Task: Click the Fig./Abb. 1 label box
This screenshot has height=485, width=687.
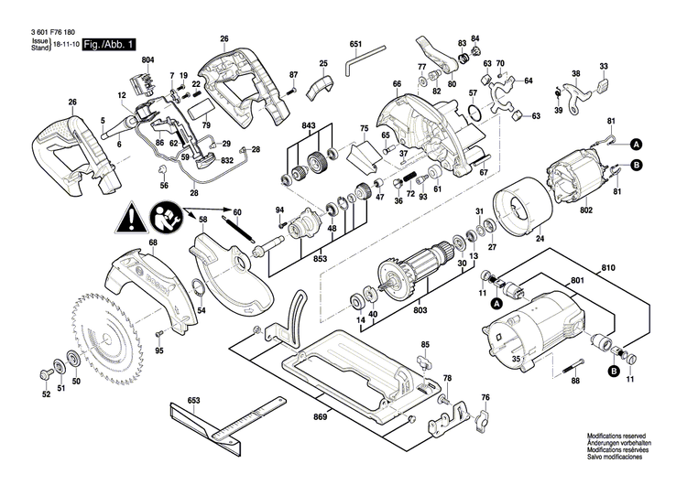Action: coord(108,44)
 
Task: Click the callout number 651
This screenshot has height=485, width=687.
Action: coord(355,44)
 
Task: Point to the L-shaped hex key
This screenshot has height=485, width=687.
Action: coord(357,67)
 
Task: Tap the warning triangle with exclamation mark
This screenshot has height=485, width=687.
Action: coord(130,220)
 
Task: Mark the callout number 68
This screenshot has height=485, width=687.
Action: coord(153,243)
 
